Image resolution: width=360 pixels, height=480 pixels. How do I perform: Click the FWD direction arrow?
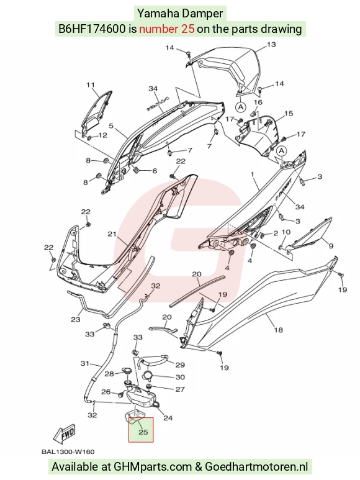click(64, 434)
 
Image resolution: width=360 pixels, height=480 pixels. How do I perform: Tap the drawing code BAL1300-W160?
click(68, 451)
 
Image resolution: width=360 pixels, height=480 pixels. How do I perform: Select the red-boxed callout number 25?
click(143, 432)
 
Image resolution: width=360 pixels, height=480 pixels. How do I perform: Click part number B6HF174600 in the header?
click(92, 29)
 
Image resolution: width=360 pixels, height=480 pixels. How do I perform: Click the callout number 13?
click(271, 44)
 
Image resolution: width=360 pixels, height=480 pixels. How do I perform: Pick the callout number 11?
click(90, 85)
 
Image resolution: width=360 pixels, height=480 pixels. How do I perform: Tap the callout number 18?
click(278, 330)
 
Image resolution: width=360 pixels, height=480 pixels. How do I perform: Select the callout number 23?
click(76, 319)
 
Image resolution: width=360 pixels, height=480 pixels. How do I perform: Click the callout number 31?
click(84, 363)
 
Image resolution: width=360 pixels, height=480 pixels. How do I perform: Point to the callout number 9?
click(331, 245)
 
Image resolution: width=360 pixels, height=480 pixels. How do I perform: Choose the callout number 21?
click(112, 234)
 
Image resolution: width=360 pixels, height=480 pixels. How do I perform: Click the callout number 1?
click(253, 174)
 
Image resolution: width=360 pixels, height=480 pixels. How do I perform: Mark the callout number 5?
click(111, 125)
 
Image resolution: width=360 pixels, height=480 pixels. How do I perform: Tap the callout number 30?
click(180, 377)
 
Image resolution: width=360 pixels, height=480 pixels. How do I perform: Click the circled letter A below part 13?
click(241, 107)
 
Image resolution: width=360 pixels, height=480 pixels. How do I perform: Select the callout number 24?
click(168, 417)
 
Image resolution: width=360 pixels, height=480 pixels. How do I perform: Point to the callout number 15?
click(289, 113)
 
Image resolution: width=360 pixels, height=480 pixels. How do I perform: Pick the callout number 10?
click(286, 232)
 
